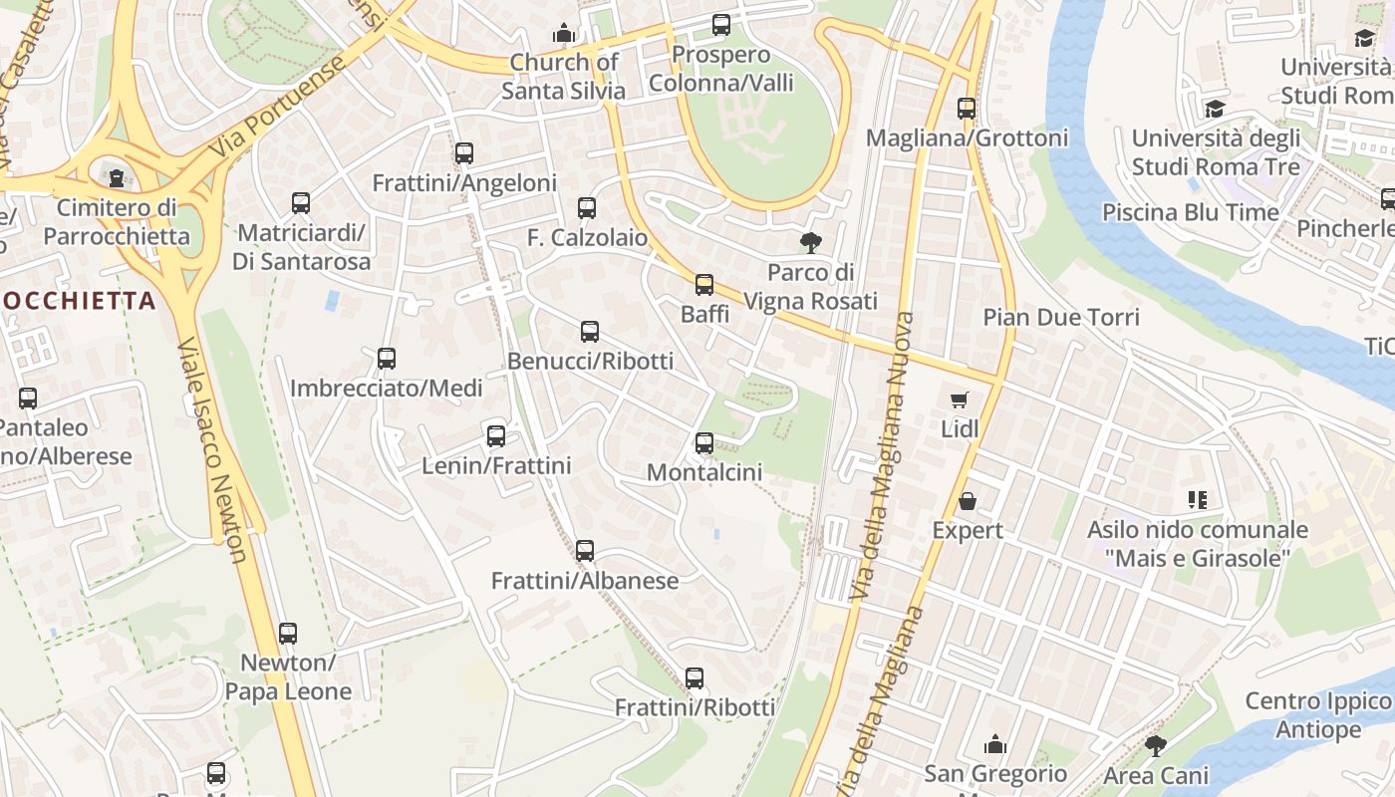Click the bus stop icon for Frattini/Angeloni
464,153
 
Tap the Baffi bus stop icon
704,285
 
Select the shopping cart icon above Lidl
960,400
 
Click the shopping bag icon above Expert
967,501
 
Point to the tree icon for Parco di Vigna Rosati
811,242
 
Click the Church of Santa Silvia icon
564,33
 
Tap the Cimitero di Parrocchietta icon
118,178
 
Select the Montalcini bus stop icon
704,443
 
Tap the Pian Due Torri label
1061,318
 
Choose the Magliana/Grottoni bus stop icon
967,109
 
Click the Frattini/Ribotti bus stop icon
695,678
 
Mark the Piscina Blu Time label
1190,212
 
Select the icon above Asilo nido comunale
1197,499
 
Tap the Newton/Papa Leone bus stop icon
288,633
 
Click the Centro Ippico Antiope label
1316,715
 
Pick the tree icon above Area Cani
1156,745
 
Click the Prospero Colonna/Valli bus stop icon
721,25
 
